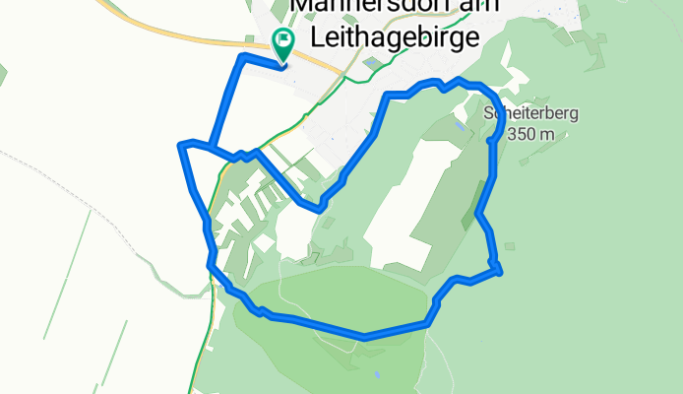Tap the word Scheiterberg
coord(530,113)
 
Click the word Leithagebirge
coord(394,37)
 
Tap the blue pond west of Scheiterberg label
coord(461,126)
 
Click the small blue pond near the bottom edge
coord(376,374)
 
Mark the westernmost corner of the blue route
coord(180,146)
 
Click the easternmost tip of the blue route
coord(501,271)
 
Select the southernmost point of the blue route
coord(364,337)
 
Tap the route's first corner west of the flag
coord(242,59)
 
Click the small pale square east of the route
coord(508,245)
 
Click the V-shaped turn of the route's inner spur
coord(320,209)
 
